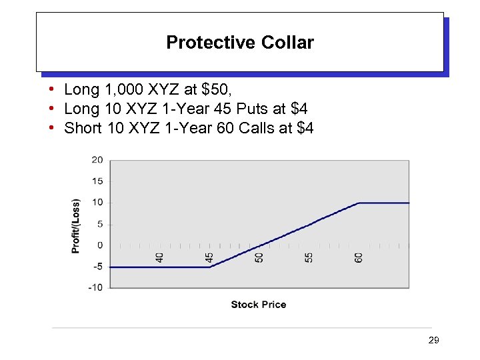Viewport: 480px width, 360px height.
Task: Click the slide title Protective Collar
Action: pos(240,43)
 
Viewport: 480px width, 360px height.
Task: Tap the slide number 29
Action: pos(433,341)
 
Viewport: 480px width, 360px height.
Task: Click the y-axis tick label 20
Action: pos(97,160)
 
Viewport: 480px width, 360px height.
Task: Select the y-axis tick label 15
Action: pos(97,181)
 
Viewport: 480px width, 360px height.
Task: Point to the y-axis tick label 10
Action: pos(97,203)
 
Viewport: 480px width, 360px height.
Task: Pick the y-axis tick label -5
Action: pos(97,267)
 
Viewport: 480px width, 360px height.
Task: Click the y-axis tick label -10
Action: pos(96,288)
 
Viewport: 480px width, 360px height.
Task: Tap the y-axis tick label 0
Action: pos(100,245)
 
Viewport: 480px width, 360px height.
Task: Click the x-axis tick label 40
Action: pos(160,256)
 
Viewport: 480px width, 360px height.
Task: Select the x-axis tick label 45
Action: pos(209,256)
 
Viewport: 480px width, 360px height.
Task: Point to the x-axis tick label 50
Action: pos(259,256)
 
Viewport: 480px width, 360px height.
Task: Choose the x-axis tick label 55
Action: pos(309,256)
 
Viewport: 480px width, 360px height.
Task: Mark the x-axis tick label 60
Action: pos(359,256)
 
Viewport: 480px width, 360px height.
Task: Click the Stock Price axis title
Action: pos(259,305)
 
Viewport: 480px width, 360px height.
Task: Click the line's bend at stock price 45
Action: pos(209,267)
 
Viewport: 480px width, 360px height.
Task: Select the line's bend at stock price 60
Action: pos(359,203)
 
